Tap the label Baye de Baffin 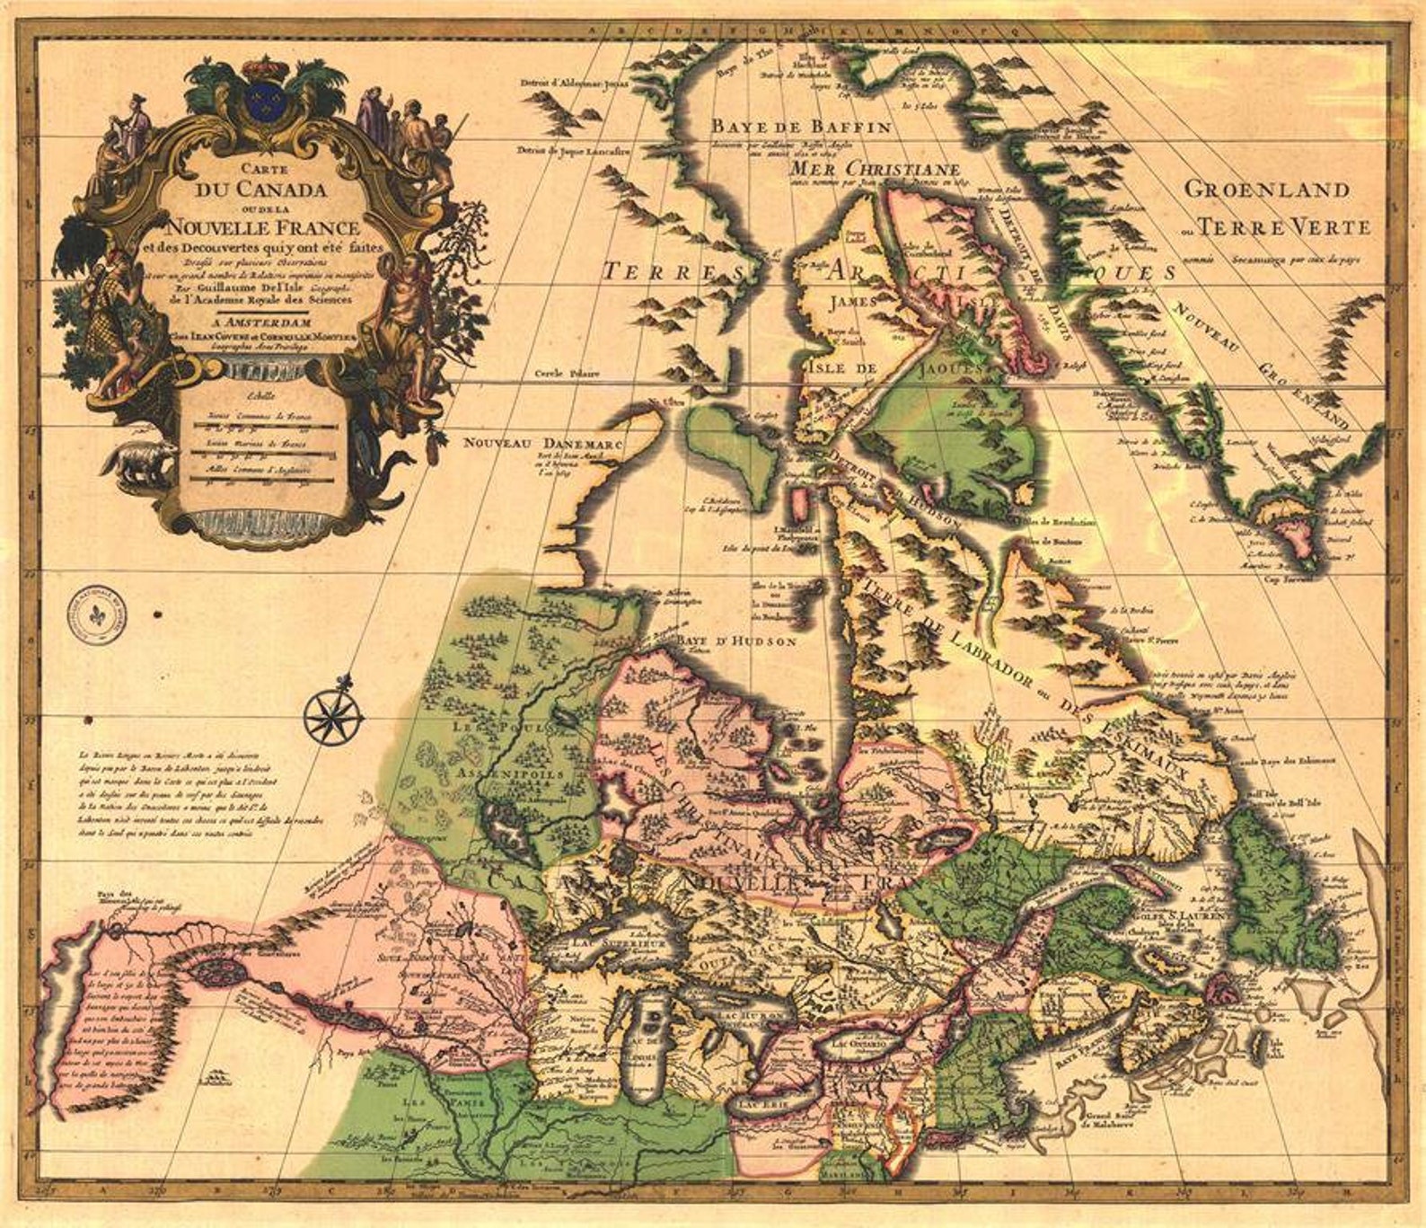802,127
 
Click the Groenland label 1266,190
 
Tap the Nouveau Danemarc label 543,443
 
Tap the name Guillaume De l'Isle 257,289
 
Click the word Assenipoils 509,773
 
